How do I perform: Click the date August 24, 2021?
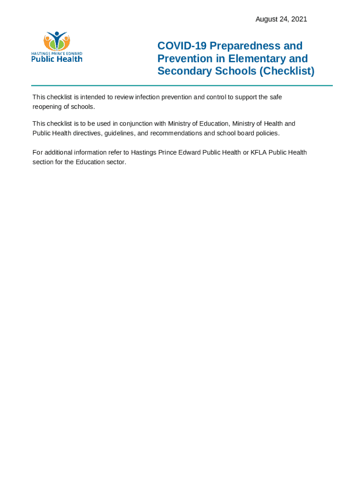281,19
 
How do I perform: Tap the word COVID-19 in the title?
182,46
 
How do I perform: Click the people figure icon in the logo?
57,41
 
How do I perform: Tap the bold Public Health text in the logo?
57,58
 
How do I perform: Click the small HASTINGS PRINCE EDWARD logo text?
57,53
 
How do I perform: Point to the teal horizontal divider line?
182,85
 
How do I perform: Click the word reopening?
47,107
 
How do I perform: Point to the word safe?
276,97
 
